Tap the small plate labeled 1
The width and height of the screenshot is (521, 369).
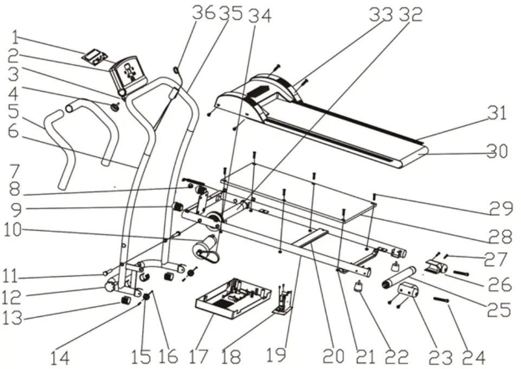[94, 55]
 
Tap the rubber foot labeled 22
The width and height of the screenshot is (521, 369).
[359, 288]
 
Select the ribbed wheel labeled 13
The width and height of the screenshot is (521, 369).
[126, 301]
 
